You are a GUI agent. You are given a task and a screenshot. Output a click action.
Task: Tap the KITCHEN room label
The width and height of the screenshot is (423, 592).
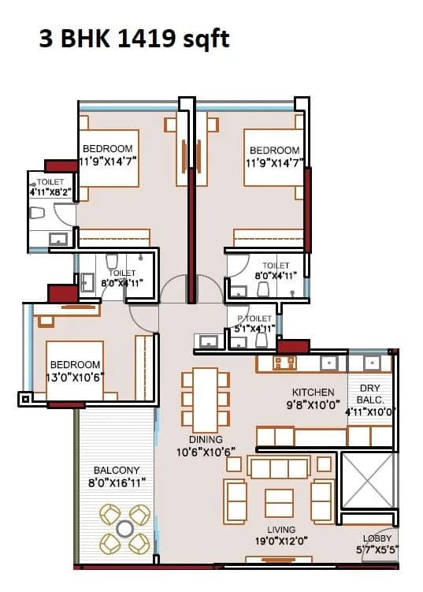click(313, 392)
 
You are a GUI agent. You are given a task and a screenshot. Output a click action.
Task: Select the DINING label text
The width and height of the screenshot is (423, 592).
click(206, 439)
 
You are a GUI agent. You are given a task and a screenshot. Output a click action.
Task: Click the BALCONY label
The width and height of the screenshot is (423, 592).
click(117, 470)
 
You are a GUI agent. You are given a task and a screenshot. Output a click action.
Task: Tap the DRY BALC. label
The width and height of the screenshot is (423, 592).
click(370, 393)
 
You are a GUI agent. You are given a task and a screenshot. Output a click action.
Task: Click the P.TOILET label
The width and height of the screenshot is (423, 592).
click(254, 318)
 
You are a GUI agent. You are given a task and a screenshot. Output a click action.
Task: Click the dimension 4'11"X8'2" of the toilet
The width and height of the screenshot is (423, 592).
click(50, 191)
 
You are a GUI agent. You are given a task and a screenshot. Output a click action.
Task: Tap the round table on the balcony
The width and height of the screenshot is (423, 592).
click(124, 528)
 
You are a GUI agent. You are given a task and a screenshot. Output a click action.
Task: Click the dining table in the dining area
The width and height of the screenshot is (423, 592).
click(206, 397)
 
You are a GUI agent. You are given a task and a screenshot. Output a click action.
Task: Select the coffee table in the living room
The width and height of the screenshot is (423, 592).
click(280, 502)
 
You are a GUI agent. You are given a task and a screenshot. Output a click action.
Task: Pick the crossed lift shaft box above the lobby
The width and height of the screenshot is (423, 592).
click(368, 480)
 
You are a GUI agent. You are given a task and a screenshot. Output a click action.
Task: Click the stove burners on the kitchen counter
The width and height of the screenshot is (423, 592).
click(282, 362)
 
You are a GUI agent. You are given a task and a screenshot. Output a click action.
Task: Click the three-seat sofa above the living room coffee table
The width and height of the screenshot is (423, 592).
click(279, 468)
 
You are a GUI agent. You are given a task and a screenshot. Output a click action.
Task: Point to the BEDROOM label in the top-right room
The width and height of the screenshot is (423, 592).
click(274, 150)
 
